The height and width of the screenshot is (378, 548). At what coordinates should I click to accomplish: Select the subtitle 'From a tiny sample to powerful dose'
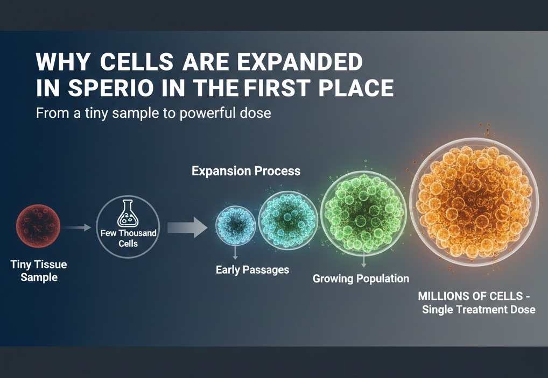(x=153, y=113)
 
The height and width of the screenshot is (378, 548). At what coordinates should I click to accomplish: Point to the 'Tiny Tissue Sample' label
(x=39, y=271)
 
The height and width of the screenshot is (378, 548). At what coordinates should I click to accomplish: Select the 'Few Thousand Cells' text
(x=128, y=238)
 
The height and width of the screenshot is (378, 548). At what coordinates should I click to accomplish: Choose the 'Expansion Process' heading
(x=246, y=171)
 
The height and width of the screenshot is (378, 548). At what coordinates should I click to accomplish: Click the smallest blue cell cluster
(x=236, y=226)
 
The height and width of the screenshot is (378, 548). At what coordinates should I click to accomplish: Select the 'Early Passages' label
(x=252, y=269)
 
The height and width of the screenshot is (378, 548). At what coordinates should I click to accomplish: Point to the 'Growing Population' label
(x=361, y=279)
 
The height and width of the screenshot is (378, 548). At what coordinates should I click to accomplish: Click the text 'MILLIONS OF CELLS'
(x=471, y=296)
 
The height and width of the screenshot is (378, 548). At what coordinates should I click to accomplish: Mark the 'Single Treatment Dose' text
(x=478, y=309)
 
